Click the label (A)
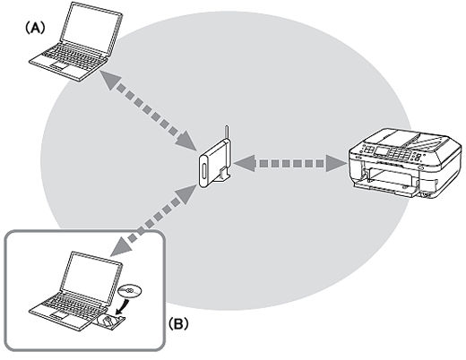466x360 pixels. point(37,28)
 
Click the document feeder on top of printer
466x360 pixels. point(409,135)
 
